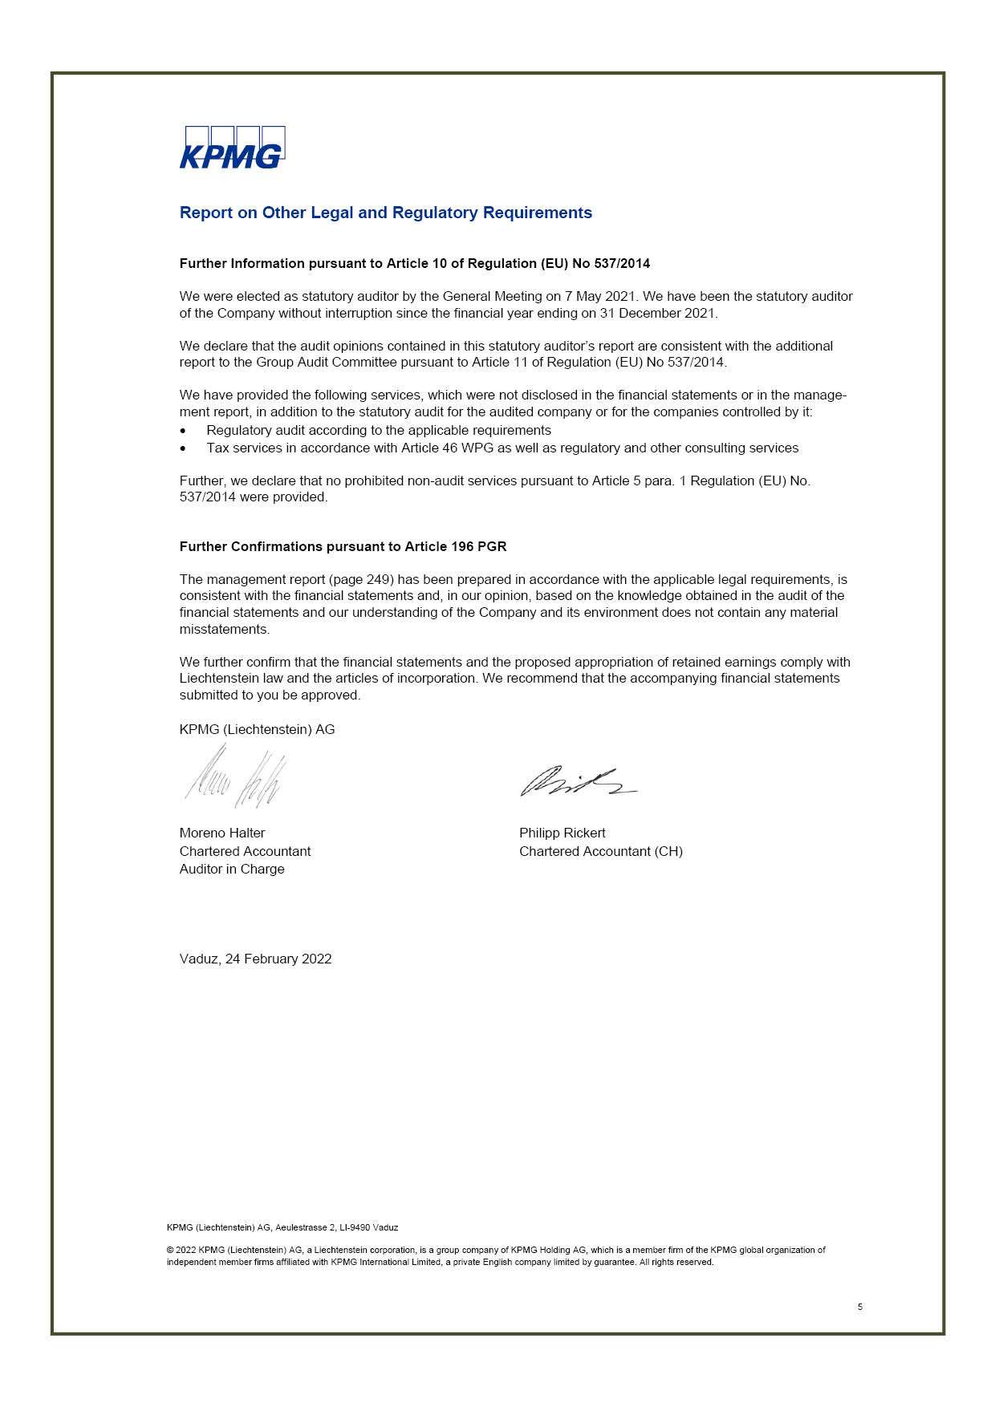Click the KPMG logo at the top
[232, 148]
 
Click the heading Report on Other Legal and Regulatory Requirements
[385, 213]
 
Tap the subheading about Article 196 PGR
[343, 546]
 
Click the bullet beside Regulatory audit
[184, 431]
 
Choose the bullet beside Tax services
[184, 448]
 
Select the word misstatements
[224, 629]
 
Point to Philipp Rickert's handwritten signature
[577, 781]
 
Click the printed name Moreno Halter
[222, 833]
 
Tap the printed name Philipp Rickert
[562, 833]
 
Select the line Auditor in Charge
[232, 869]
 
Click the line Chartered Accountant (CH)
[600, 851]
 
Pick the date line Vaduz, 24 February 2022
[255, 959]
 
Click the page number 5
[860, 1307]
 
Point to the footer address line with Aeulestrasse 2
[282, 1227]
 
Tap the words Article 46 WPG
[453, 448]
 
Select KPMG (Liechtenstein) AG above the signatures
[257, 729]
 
